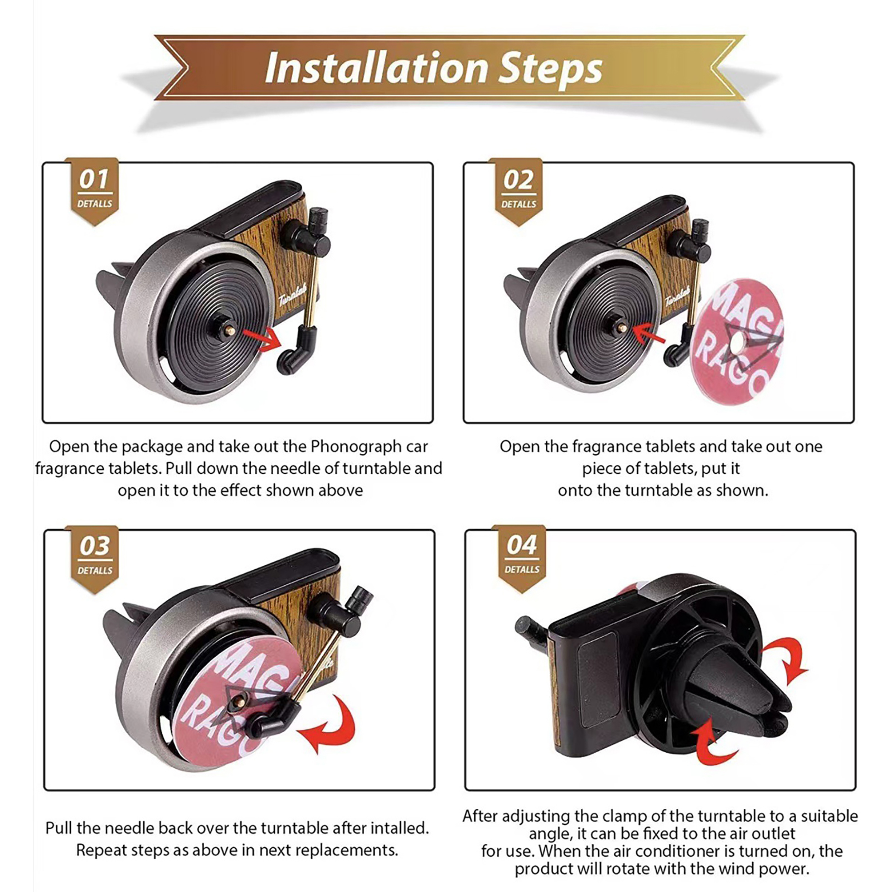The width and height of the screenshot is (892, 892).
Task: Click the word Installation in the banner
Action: pyautogui.click(x=377, y=68)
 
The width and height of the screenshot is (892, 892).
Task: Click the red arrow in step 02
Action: pyautogui.click(x=649, y=334)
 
